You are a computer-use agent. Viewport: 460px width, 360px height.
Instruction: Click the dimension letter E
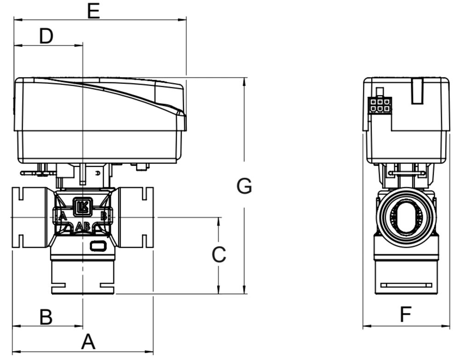(x=94, y=12)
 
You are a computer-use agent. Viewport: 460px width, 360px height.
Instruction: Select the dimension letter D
(x=46, y=36)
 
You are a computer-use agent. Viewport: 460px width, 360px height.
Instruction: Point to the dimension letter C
(x=219, y=254)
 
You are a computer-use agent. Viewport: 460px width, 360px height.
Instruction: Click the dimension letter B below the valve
(x=46, y=317)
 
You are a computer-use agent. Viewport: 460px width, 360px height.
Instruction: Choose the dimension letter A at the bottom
(x=88, y=342)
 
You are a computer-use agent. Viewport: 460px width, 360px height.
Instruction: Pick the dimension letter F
(x=406, y=314)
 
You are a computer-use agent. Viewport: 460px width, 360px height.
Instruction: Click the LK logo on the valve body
(x=83, y=207)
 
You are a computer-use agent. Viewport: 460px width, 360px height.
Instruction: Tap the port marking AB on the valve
(x=82, y=226)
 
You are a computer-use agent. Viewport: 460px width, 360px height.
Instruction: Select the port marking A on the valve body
(x=63, y=217)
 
